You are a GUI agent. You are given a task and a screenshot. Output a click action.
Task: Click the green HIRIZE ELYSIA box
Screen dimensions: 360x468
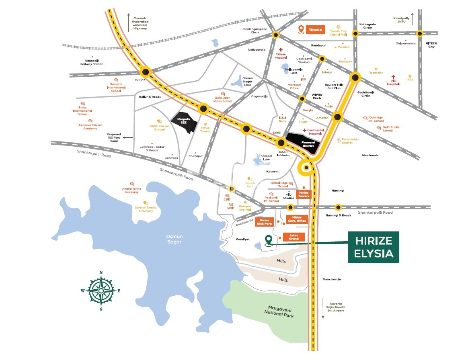(x=374, y=247)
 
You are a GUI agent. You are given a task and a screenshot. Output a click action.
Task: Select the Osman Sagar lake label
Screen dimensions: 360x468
(x=174, y=239)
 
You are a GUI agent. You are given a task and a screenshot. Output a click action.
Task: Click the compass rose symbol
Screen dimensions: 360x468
(x=101, y=290)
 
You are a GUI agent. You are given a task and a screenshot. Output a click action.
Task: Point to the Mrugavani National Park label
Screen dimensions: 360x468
(x=281, y=312)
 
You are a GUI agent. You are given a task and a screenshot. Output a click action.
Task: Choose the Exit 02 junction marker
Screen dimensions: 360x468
(x=146, y=72)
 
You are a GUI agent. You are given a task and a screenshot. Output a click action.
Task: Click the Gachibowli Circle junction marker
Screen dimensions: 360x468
(x=355, y=77)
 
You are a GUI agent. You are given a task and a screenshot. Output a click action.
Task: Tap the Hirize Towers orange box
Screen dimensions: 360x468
(x=304, y=194)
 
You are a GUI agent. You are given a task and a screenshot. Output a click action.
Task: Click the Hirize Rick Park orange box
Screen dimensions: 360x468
(x=264, y=222)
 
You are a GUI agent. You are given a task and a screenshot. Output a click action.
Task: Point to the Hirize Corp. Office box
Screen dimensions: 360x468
(x=297, y=219)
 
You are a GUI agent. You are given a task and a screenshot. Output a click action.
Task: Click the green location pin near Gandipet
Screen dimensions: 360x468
(x=269, y=240)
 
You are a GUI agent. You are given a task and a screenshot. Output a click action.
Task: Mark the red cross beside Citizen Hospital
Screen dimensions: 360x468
(x=281, y=49)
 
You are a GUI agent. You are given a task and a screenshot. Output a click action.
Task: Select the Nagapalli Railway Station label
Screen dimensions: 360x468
(x=92, y=62)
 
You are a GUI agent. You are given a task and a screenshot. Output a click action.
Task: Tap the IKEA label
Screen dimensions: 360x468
(x=410, y=80)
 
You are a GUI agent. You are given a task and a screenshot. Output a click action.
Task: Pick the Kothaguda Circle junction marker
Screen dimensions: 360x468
(x=355, y=34)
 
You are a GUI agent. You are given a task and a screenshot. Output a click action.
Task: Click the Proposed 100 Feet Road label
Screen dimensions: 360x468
(x=114, y=138)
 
